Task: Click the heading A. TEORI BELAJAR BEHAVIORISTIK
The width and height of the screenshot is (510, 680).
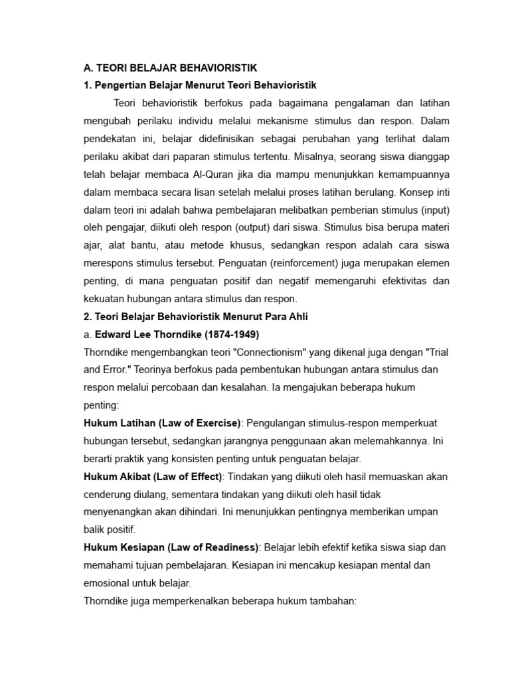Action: point(170,68)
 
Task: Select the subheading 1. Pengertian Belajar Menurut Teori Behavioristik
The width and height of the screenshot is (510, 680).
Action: point(201,85)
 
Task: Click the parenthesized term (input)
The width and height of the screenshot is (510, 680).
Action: point(434,211)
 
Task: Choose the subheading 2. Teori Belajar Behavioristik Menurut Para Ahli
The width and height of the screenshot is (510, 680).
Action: point(196,317)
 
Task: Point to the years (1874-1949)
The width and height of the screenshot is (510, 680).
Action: point(228,334)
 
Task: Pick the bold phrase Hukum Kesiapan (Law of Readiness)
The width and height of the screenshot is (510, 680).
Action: point(171,548)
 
